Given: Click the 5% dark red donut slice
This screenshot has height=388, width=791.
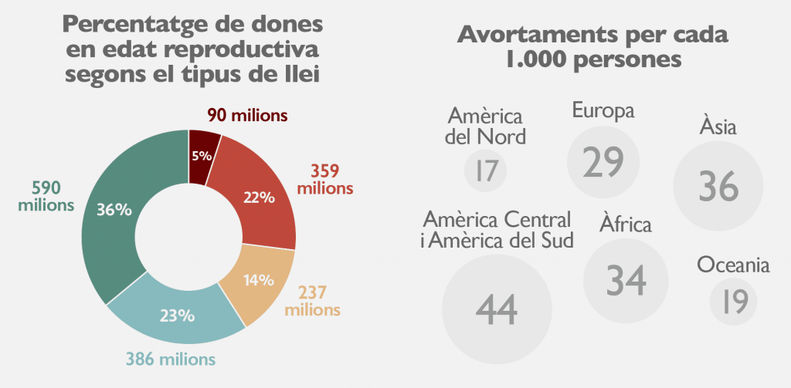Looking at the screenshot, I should tap(203, 157).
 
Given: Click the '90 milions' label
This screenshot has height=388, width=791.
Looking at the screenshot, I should tap(247, 116).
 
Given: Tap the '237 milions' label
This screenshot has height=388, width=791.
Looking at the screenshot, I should tap(313, 302).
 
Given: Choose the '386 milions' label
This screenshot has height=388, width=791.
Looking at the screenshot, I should tap(171, 359).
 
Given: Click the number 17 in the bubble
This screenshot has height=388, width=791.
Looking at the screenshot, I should tap(486, 170).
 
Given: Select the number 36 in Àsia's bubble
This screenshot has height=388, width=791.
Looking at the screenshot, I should tap(718, 187).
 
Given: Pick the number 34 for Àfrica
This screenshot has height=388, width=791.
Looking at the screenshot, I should tap(626, 280).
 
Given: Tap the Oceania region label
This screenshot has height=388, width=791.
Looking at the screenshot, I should tap(733, 265).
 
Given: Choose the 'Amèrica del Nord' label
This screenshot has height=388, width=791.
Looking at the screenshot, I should tap(487, 127).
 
